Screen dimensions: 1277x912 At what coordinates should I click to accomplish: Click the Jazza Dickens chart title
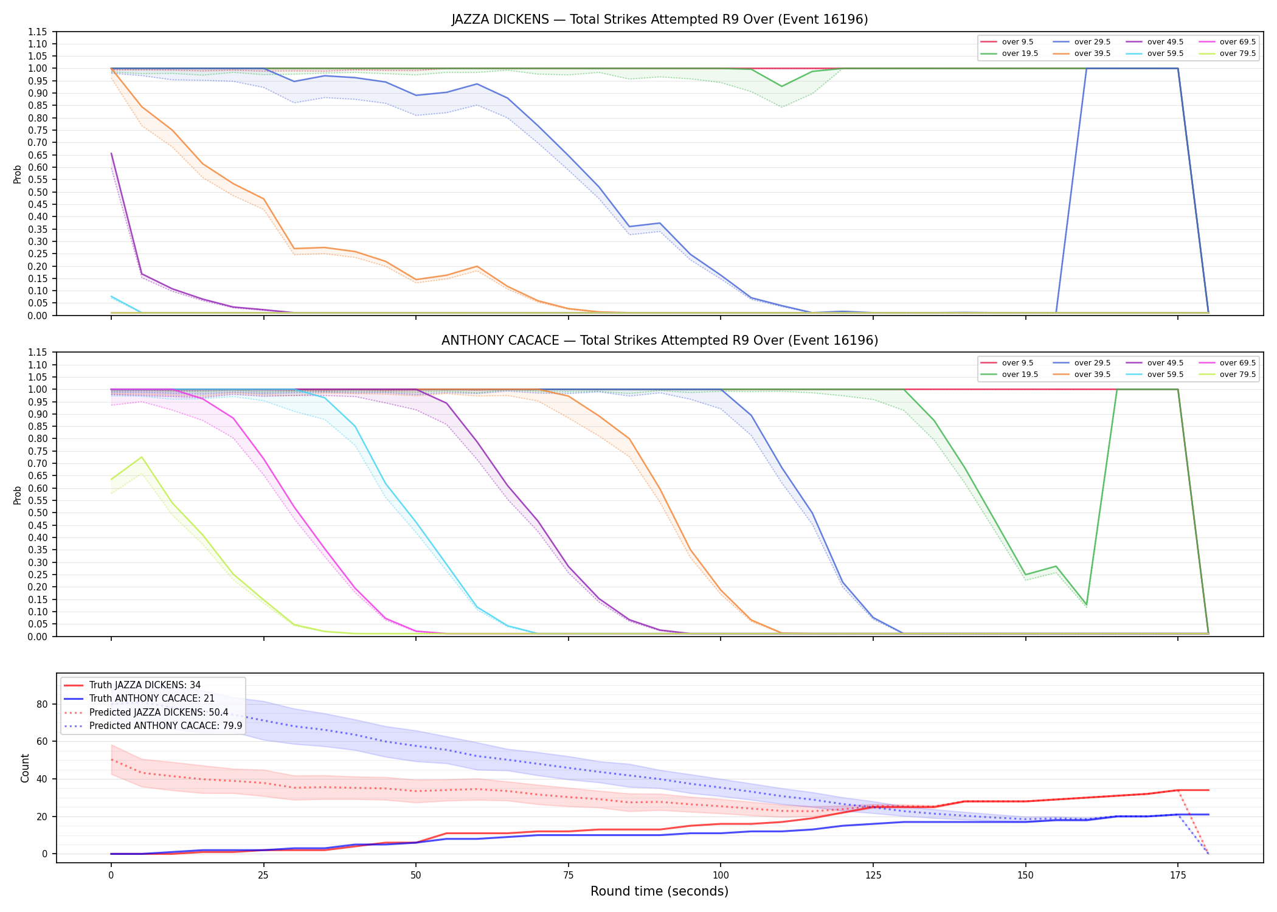(659, 19)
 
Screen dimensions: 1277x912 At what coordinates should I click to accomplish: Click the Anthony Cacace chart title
(659, 340)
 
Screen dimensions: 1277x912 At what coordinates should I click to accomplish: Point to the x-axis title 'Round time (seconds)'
(659, 891)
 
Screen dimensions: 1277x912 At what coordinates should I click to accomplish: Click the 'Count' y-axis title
(25, 768)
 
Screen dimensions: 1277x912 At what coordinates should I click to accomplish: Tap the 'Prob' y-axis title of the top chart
(18, 174)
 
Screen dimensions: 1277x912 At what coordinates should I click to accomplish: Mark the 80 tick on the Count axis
(41, 704)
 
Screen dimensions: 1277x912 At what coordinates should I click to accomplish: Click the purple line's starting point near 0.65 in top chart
(111, 153)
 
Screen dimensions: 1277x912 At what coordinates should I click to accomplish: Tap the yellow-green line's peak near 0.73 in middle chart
(142, 457)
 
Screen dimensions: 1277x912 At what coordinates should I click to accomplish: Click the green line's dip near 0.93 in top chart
(782, 86)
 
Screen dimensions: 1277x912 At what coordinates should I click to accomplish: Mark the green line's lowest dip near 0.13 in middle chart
(1087, 605)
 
